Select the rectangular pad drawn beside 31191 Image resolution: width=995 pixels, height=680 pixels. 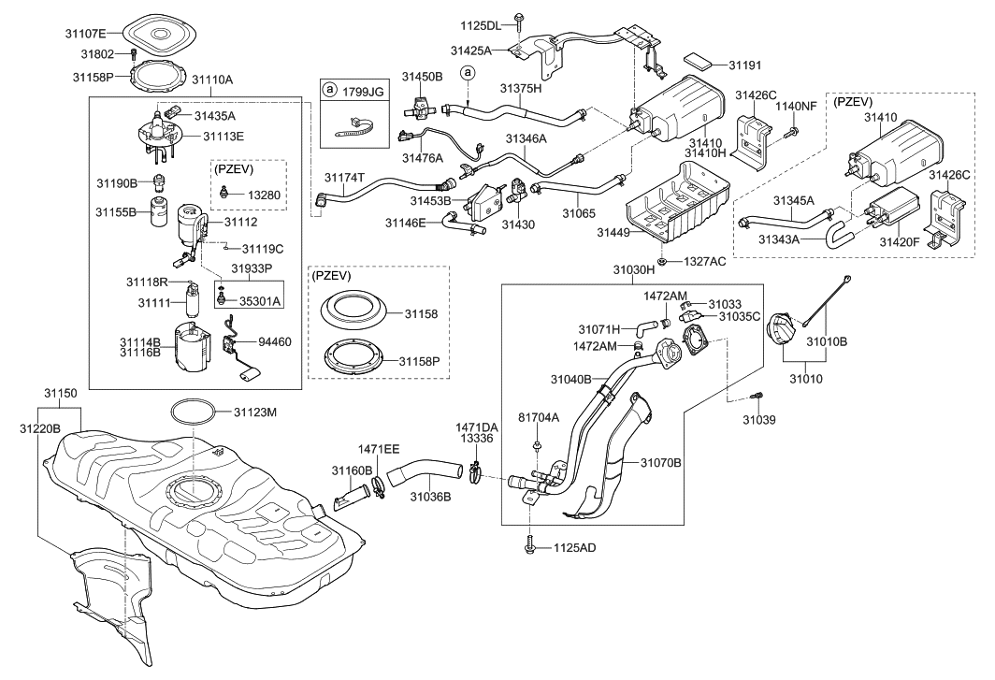pos(704,60)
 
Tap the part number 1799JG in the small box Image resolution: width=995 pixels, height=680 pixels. pos(363,92)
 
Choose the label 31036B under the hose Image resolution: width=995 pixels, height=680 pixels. pos(430,497)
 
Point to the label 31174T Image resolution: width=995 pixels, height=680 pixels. pos(346,177)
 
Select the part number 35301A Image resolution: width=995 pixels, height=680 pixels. pos(260,301)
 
